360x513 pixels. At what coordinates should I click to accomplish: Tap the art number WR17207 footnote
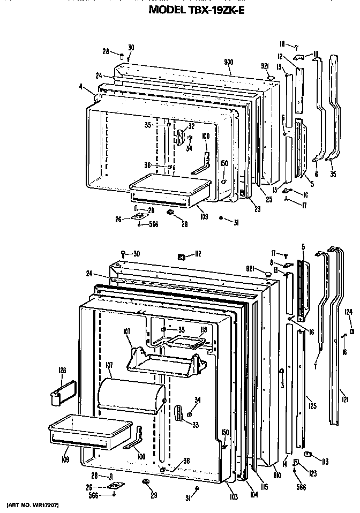tap(32, 505)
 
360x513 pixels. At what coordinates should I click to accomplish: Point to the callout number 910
tap(277, 474)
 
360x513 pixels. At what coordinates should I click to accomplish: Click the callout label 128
tap(62, 370)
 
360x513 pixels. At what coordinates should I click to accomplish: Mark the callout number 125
tap(312, 406)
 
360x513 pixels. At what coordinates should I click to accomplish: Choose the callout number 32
tap(191, 127)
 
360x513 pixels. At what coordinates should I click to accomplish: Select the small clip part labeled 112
tap(181, 256)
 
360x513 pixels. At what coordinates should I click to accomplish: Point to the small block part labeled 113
tap(307, 455)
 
